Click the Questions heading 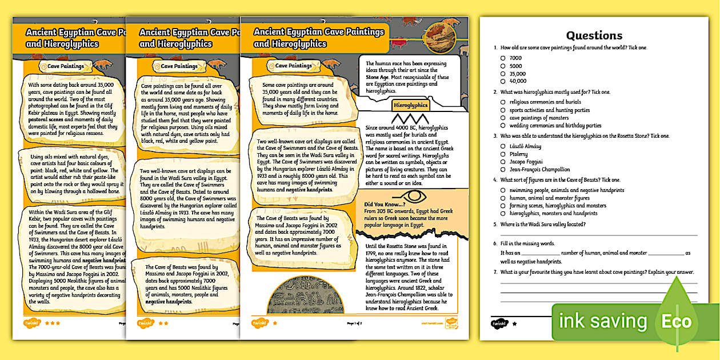[x=594, y=35]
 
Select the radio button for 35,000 [x=503, y=74]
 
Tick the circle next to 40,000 [x=503, y=81]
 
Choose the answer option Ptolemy [x=503, y=154]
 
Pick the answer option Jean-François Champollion [x=503, y=169]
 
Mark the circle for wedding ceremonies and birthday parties [x=503, y=125]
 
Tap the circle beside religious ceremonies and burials [x=503, y=102]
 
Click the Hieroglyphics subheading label [x=410, y=105]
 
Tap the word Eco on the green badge [x=676, y=321]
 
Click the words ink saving [x=602, y=321]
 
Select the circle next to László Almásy [x=503, y=146]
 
